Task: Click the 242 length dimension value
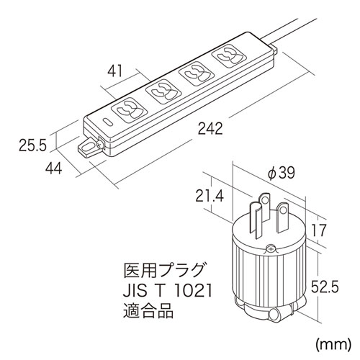[207, 129]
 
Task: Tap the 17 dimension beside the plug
[319, 231]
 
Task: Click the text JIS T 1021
[166, 293]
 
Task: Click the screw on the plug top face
[270, 249]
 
